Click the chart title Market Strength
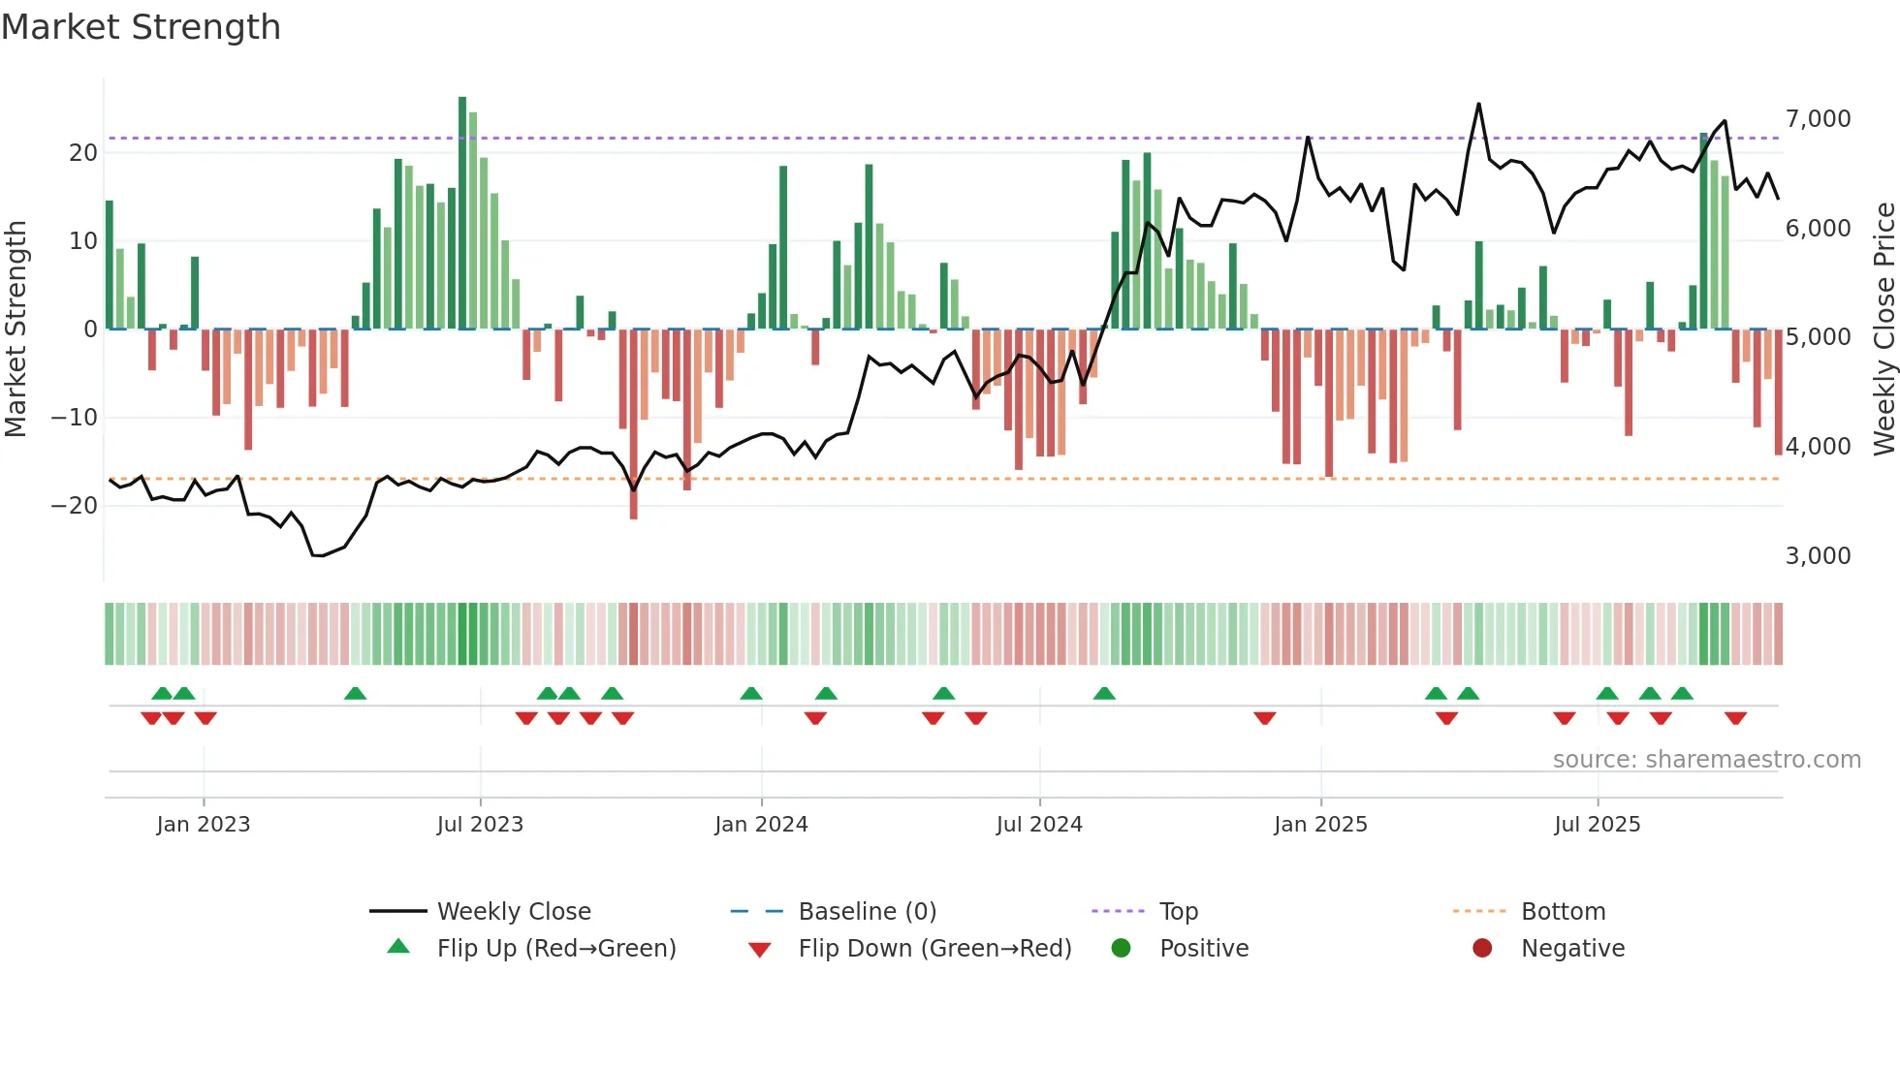141,27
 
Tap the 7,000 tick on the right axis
1818,119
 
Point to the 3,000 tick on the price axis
1818,556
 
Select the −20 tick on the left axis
74,505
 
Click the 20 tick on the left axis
83,153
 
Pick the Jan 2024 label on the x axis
761,825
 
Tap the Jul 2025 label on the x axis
1597,825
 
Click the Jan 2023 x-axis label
204,825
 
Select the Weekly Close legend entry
514,912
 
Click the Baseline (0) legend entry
867,912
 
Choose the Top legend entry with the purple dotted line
1178,912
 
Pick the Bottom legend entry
1563,912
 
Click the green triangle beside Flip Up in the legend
398,947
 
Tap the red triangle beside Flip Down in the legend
760,950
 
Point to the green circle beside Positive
1121,948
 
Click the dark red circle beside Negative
1482,948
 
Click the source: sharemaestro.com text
1706,760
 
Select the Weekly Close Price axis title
1884,330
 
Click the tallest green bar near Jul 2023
462,213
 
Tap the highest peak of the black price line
1478,105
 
